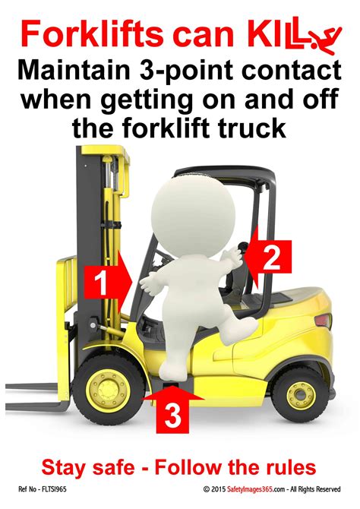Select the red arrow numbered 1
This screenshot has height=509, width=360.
pyautogui.click(x=108, y=281)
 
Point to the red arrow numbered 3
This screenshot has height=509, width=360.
pyautogui.click(x=173, y=412)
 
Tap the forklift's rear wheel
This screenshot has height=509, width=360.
pyautogui.click(x=301, y=394)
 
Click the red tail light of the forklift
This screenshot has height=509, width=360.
pyautogui.click(x=324, y=321)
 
